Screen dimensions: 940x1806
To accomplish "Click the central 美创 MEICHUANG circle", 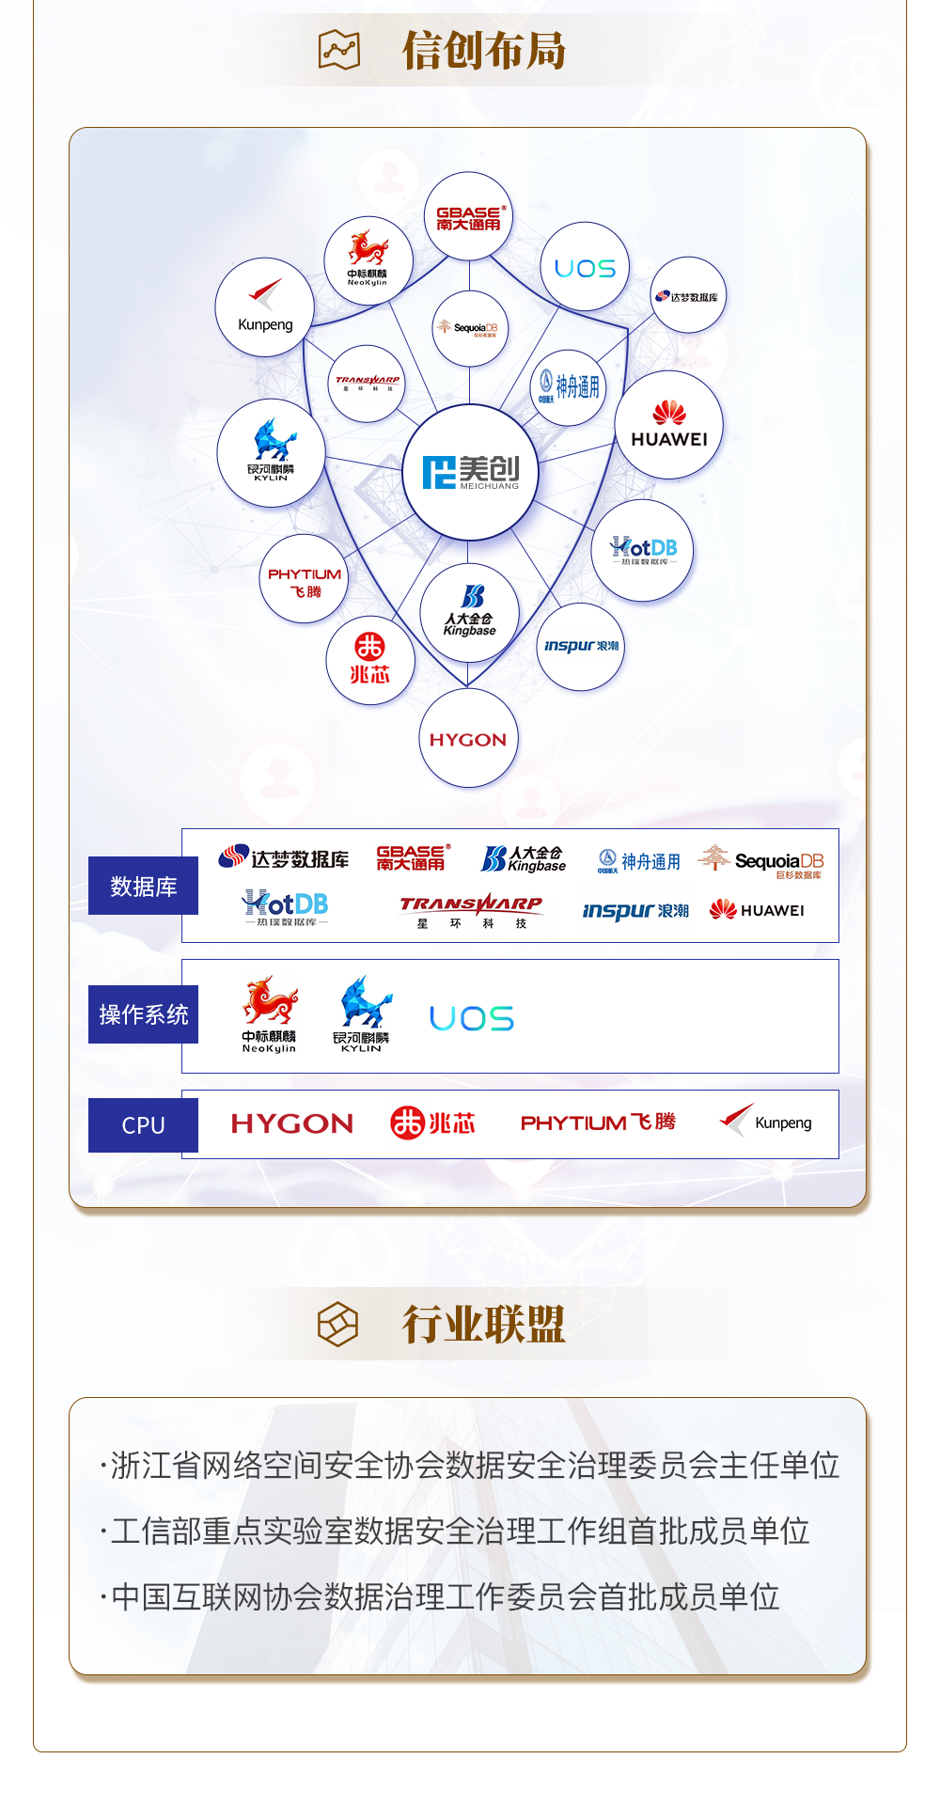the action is click(x=470, y=472).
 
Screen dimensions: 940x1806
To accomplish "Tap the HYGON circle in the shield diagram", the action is click(x=468, y=739).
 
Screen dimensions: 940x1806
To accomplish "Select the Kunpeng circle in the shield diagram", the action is click(x=265, y=307).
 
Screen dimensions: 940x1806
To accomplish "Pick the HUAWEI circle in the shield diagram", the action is click(x=669, y=425).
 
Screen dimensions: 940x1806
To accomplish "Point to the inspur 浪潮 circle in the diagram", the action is click(x=581, y=647).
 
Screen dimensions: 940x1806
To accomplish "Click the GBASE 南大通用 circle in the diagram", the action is click(x=468, y=217).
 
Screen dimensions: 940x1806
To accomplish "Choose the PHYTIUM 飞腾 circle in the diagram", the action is click(x=304, y=580).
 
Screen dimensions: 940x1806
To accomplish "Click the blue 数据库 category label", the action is click(x=143, y=886).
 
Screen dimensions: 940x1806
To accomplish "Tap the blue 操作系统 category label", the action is click(x=143, y=1014).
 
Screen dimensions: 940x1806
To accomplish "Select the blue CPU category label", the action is click(x=143, y=1125).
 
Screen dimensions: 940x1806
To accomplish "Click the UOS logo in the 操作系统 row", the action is click(x=472, y=1018).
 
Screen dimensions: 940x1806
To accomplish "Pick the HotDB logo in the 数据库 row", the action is click(x=286, y=908).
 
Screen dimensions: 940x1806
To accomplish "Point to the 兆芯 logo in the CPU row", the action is click(x=432, y=1123).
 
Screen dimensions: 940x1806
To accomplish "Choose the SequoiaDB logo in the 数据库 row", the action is click(x=762, y=861).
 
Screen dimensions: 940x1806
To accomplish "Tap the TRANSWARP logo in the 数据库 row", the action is click(x=471, y=910).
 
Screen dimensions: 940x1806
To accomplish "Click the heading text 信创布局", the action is click(x=484, y=51).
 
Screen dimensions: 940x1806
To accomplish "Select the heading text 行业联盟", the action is click(x=484, y=1325).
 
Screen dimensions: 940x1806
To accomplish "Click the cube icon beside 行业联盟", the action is click(x=338, y=1325).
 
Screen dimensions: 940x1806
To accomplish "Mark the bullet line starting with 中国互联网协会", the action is click(x=443, y=1597).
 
